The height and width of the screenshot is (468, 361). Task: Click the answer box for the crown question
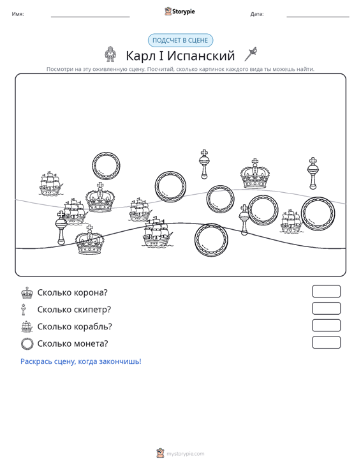point(326,291)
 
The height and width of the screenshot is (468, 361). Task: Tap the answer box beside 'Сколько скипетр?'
point(326,308)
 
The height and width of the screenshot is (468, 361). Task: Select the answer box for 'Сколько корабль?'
point(326,326)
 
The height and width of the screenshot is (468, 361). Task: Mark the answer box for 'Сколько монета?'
point(326,342)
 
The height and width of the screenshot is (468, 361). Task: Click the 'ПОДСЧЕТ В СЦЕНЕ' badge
point(180,40)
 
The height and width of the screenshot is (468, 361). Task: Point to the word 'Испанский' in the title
point(201,56)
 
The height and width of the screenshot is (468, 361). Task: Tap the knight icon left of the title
point(110,54)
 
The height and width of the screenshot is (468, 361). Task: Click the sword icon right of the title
point(251,54)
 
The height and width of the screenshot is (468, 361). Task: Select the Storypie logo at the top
point(180,11)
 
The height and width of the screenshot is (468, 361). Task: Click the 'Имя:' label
point(18,14)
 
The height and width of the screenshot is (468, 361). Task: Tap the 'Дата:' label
point(257,14)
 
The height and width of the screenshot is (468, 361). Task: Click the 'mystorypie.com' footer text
point(185,454)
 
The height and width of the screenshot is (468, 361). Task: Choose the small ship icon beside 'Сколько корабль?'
point(27,326)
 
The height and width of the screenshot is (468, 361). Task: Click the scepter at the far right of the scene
point(313,173)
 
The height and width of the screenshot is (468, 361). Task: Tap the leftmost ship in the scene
point(50,183)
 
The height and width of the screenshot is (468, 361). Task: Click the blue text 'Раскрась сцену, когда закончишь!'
point(81,361)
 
